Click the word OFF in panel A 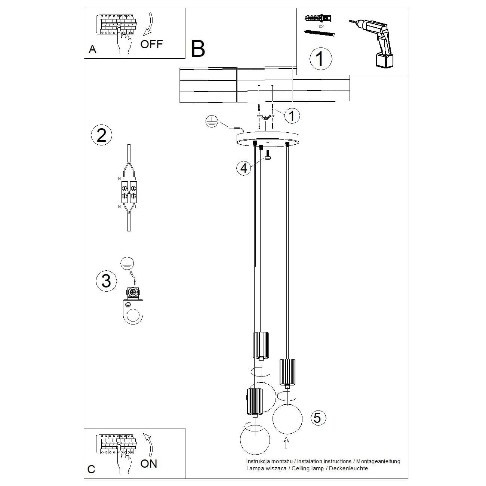(151, 44)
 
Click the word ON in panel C (149, 464)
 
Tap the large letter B (198, 49)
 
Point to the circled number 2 (101, 135)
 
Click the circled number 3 (106, 280)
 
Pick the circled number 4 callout (244, 168)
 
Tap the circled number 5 (317, 417)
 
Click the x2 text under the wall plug (321, 27)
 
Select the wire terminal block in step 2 (129, 191)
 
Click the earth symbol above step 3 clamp (127, 263)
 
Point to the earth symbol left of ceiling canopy (212, 121)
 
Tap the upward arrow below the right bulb (287, 443)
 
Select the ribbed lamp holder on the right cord (287, 372)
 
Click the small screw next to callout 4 (268, 154)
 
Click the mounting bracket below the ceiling (265, 117)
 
